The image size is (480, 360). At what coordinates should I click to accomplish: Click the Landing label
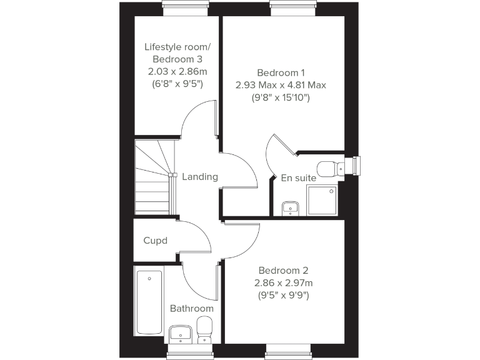click(x=200, y=177)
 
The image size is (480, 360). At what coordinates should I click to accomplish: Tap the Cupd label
click(x=156, y=241)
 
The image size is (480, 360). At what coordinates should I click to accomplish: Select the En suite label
click(x=298, y=178)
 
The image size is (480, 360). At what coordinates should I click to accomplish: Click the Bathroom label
click(x=192, y=309)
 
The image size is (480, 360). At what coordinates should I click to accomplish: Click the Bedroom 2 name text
click(x=284, y=271)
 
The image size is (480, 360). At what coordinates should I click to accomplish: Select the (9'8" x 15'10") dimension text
click(x=281, y=97)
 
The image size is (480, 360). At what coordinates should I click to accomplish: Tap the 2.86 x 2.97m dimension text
click(x=284, y=283)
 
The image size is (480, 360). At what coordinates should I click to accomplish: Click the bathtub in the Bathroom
click(x=149, y=302)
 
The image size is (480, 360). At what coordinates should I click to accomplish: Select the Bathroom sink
click(x=181, y=333)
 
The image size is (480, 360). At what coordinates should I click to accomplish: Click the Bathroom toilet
click(x=204, y=329)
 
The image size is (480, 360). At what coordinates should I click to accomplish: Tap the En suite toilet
click(x=329, y=167)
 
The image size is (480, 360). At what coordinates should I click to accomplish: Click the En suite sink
click(x=290, y=207)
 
